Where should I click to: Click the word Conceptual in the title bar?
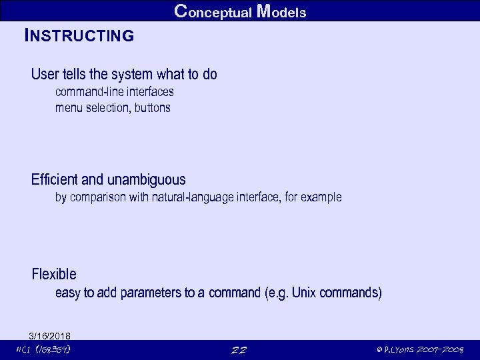pyautogui.click(x=212, y=11)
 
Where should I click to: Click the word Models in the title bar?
pyautogui.click(x=281, y=11)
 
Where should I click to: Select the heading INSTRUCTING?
pyautogui.click(x=79, y=35)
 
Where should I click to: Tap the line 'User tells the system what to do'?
pyautogui.click(x=124, y=74)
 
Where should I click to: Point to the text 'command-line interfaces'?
pyautogui.click(x=114, y=92)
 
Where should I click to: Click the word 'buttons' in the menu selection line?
pyautogui.click(x=153, y=107)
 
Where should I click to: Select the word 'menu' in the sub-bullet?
pyautogui.click(x=67, y=107)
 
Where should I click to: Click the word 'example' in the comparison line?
pyautogui.click(x=321, y=197)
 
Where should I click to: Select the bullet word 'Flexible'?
pyautogui.click(x=54, y=274)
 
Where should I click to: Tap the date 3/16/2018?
pyautogui.click(x=50, y=335)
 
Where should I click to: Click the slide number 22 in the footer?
pyautogui.click(x=239, y=350)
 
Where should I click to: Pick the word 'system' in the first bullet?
pyautogui.click(x=134, y=74)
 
